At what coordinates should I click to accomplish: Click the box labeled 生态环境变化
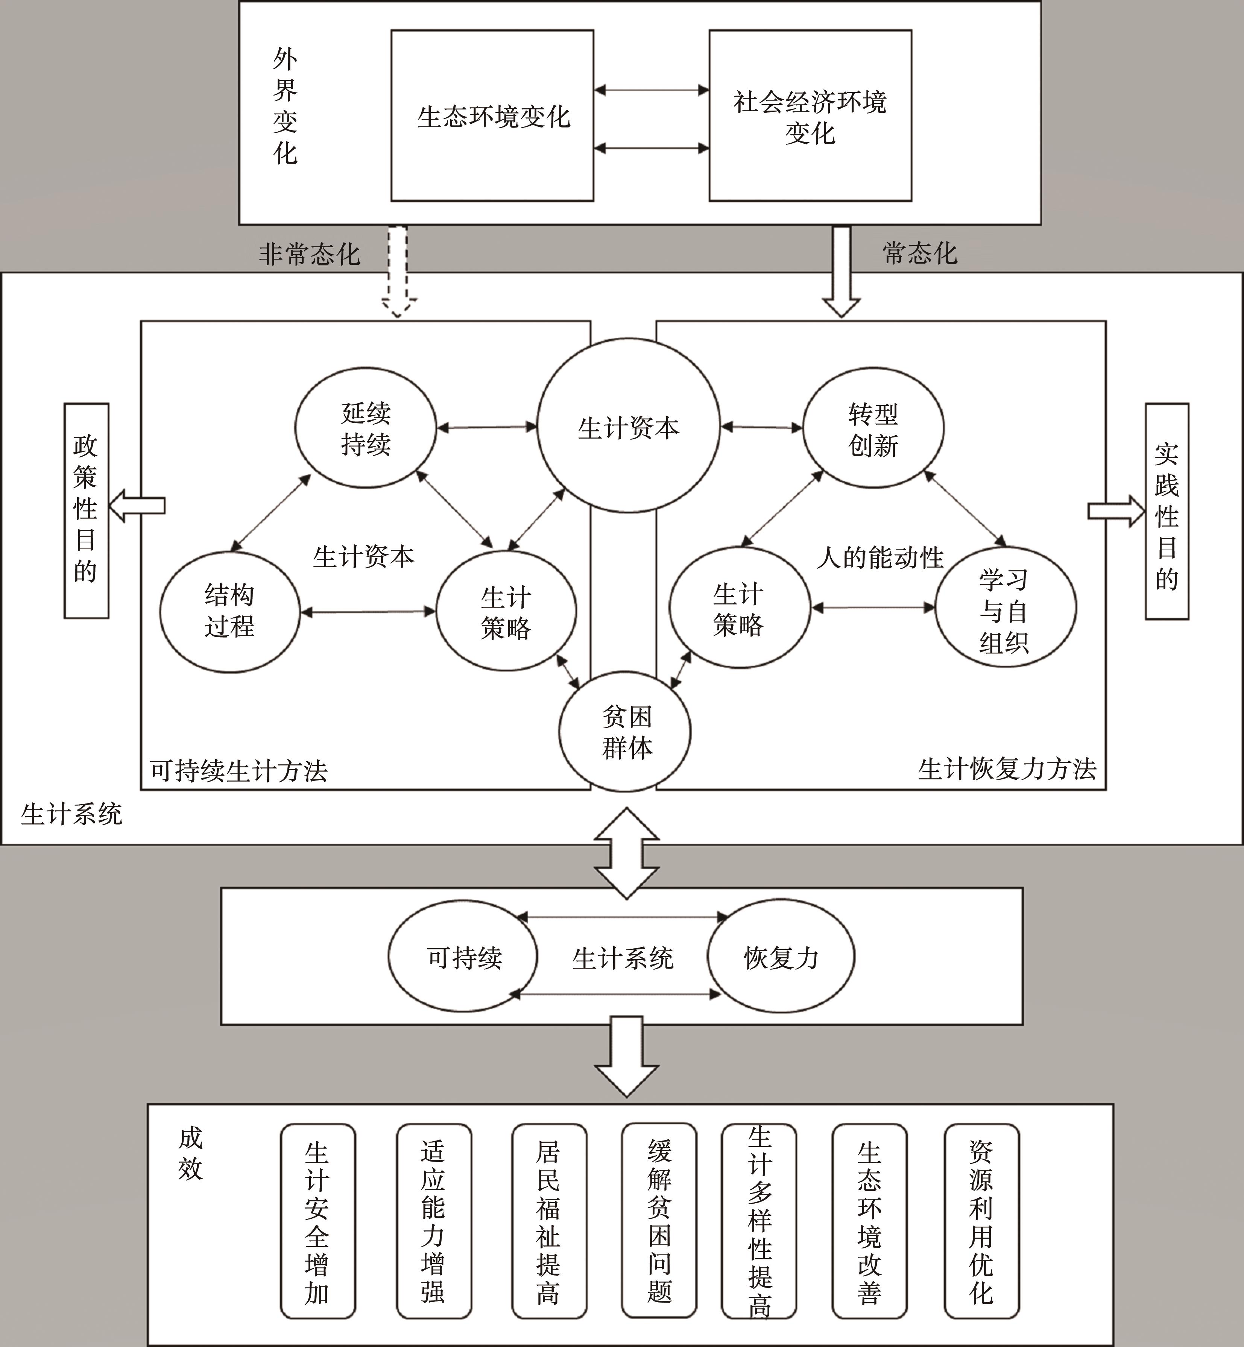coord(492,115)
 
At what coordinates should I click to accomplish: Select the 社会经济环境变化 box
coord(811,115)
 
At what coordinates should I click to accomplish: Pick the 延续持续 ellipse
coord(366,427)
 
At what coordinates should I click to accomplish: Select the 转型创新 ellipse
coord(873,427)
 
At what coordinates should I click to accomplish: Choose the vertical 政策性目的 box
coord(86,510)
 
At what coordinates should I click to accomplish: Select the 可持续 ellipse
coord(463,957)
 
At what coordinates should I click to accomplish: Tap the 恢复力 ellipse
coord(781,957)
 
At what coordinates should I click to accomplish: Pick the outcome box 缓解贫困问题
coord(659,1221)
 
